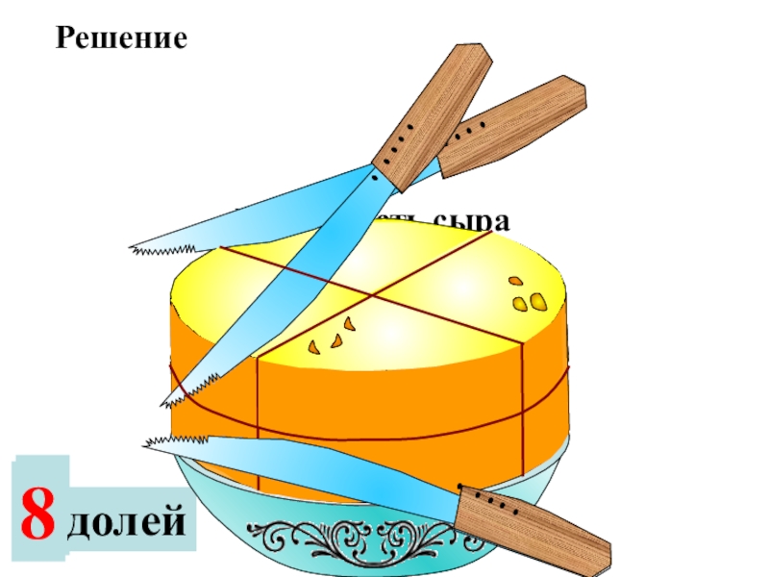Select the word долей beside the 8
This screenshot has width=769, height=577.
pyautogui.click(x=128, y=522)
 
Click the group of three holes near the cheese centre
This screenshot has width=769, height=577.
pyautogui.click(x=331, y=337)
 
